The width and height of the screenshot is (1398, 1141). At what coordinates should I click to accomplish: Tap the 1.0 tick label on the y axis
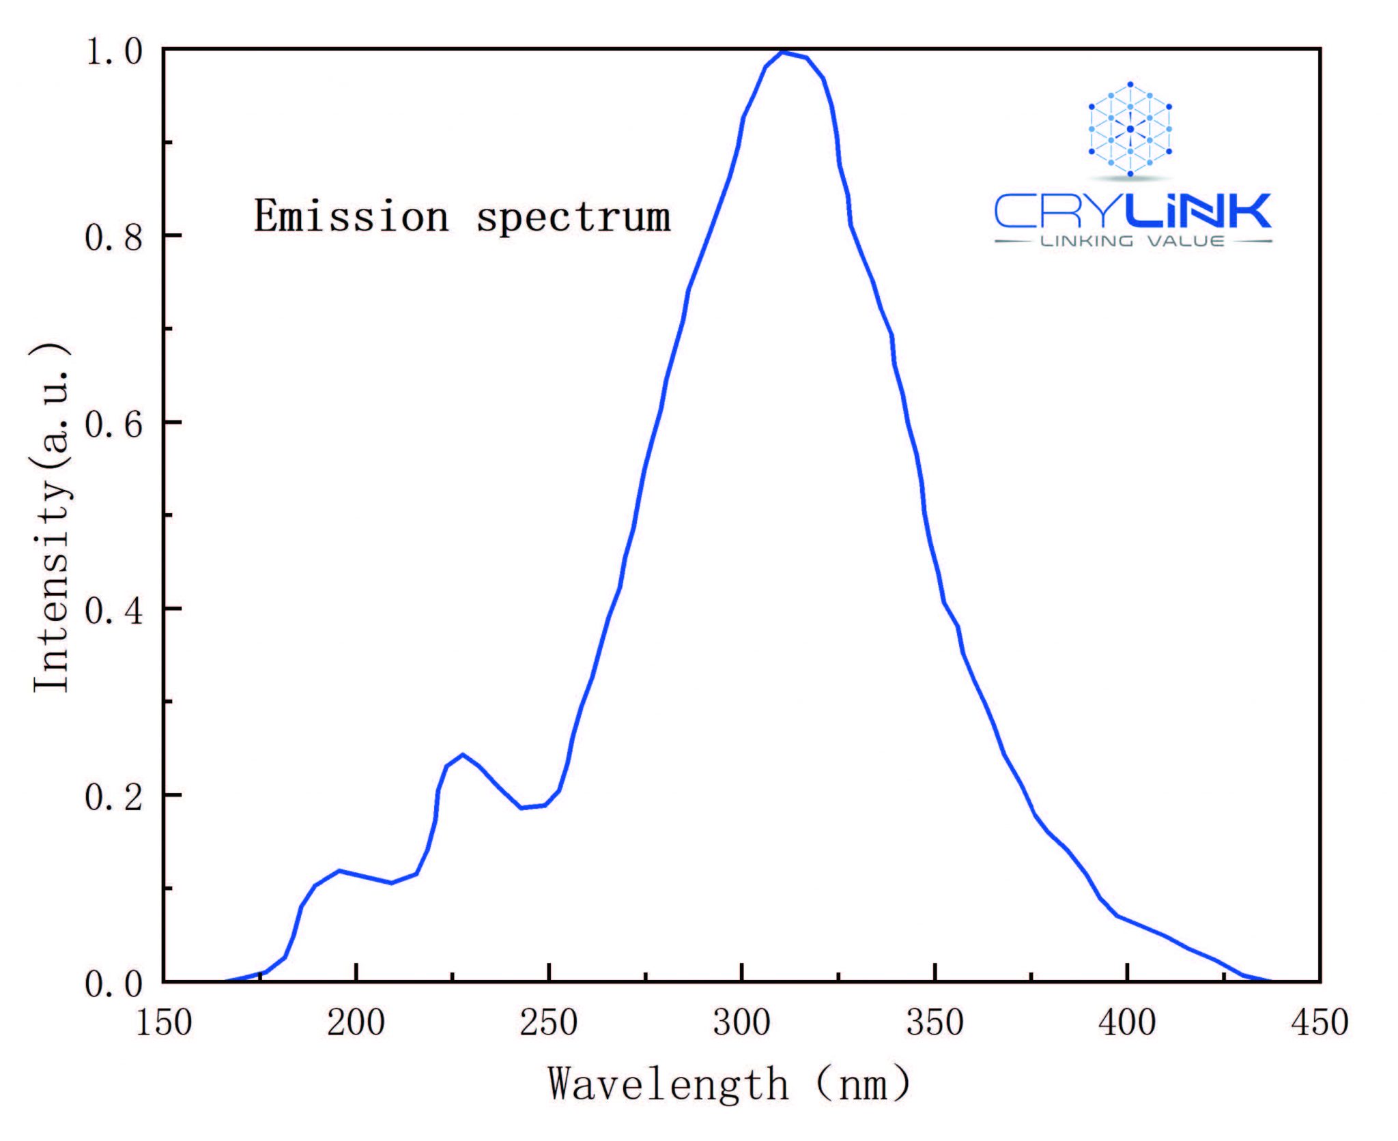[x=114, y=51]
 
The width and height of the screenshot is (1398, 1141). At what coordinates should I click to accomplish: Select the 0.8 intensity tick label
[x=114, y=237]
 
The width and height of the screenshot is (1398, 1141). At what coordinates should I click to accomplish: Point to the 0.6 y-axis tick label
[x=114, y=424]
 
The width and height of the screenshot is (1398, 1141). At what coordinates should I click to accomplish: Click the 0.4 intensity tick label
[x=114, y=610]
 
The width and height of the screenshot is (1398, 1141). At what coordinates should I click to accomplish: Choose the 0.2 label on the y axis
[x=114, y=796]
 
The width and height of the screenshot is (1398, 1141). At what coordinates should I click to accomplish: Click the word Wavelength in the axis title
[x=668, y=1085]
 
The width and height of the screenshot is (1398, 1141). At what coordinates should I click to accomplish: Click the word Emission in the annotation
[x=352, y=216]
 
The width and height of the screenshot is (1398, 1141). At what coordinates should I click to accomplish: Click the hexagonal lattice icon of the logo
[x=1130, y=129]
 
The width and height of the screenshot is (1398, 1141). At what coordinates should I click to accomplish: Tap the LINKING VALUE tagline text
[x=1132, y=241]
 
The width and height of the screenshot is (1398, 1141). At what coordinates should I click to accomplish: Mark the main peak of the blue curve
[x=783, y=52]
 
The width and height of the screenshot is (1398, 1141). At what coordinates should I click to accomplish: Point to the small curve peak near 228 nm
[x=463, y=755]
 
